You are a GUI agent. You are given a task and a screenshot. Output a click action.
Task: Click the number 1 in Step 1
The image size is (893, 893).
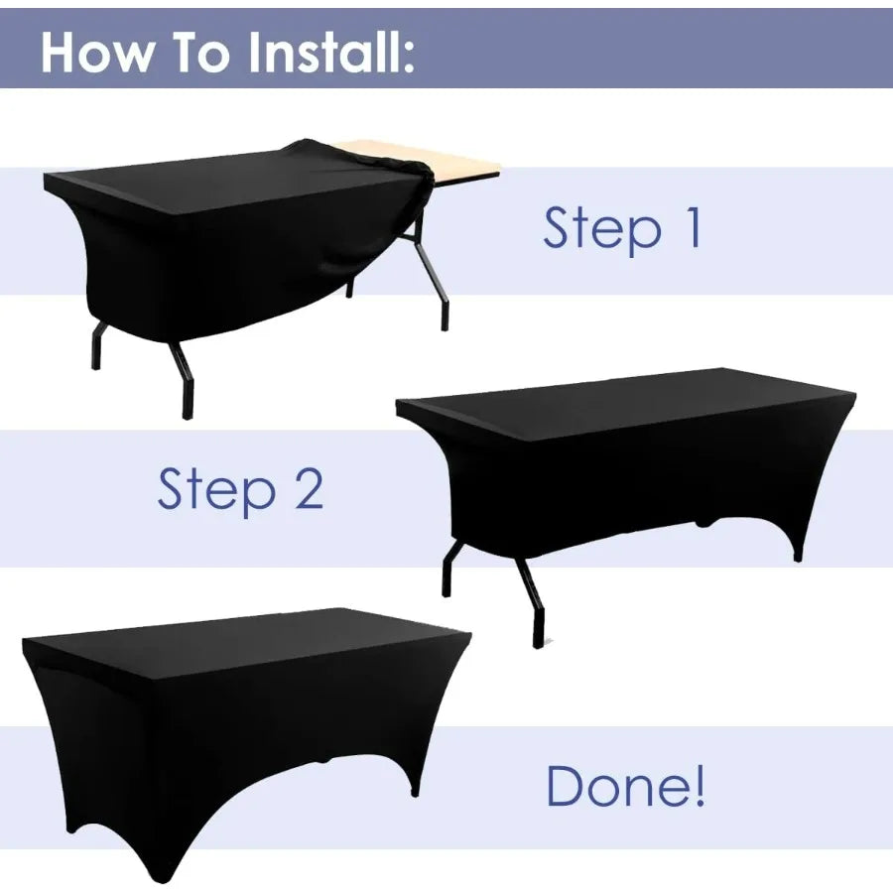(x=691, y=227)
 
